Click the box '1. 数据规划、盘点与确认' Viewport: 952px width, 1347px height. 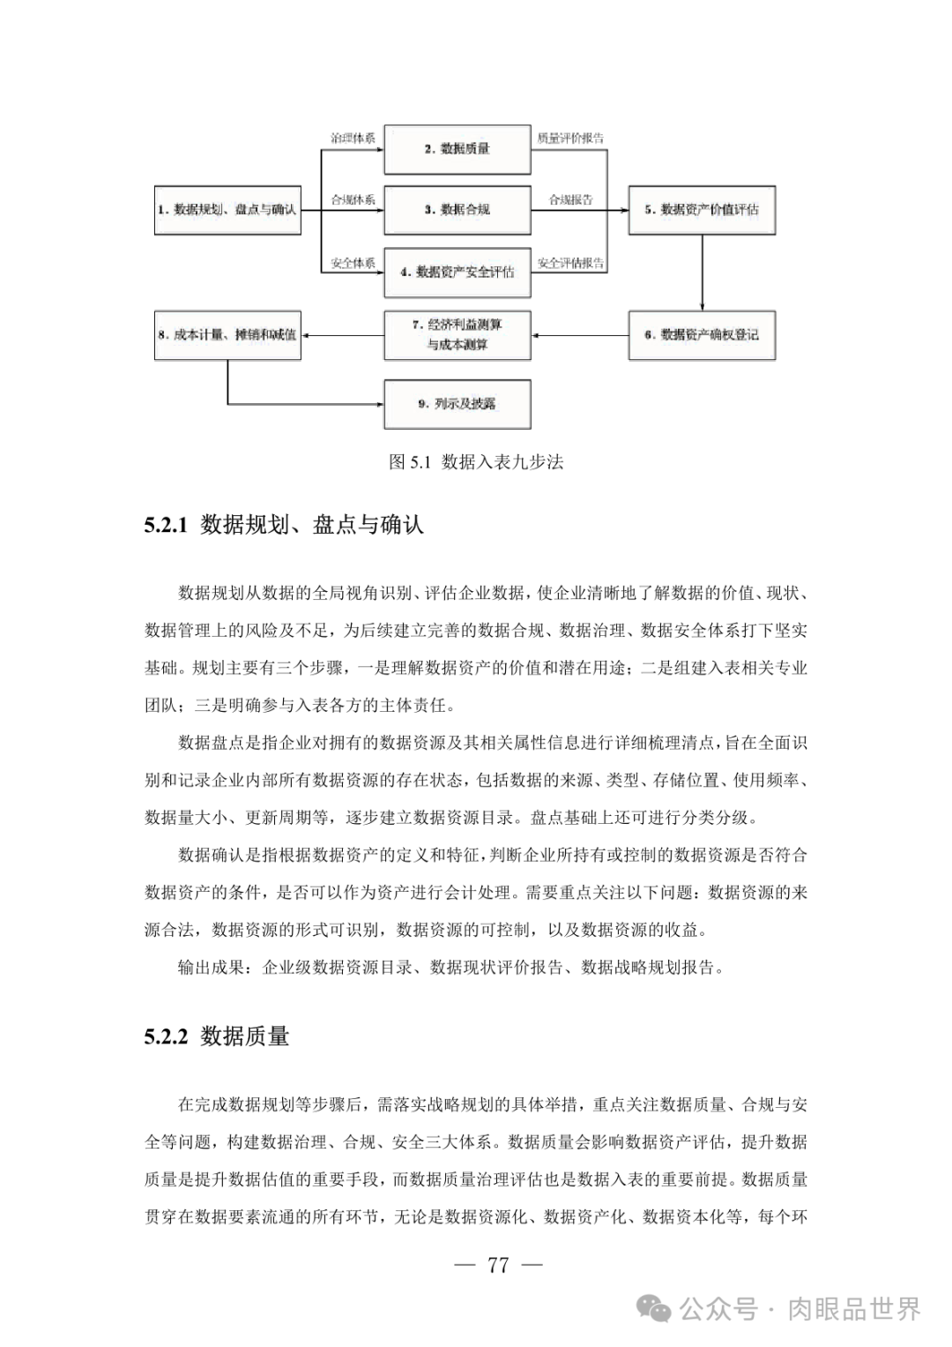[227, 210]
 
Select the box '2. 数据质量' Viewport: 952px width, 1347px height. [457, 149]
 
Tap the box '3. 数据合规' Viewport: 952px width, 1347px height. [457, 210]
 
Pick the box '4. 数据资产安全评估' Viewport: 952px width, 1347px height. [457, 272]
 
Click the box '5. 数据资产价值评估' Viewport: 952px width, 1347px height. [702, 210]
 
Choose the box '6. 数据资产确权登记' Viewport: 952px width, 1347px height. [702, 335]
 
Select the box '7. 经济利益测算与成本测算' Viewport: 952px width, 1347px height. [457, 335]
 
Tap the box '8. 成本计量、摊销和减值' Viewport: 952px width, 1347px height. [227, 335]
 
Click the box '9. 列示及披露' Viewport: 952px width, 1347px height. [457, 404]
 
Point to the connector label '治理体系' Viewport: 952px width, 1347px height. [353, 138]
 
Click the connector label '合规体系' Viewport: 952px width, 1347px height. [353, 200]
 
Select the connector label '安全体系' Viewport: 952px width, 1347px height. [353, 263]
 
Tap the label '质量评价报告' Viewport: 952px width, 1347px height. [570, 138]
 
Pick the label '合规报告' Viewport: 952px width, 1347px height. [570, 200]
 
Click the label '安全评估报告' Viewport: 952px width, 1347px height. [570, 263]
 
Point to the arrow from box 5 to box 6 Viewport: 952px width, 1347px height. [702, 273]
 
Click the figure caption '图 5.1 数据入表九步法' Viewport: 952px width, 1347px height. [476, 462]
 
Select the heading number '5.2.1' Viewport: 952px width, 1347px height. [167, 526]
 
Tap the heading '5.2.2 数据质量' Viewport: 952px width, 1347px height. [217, 1036]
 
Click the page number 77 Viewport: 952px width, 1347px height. [498, 1265]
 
